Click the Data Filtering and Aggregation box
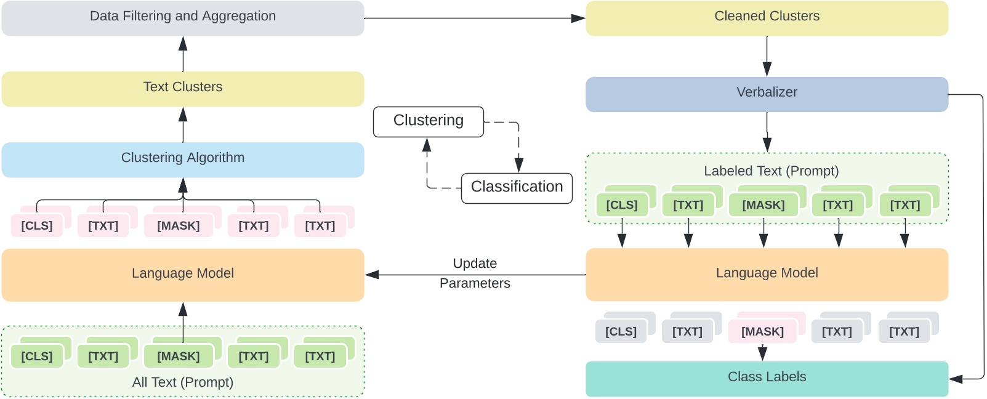click(183, 17)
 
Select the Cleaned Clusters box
click(767, 17)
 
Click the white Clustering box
click(428, 121)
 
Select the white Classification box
click(517, 187)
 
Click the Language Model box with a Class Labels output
click(767, 274)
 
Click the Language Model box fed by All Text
click(183, 274)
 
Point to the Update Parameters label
click(475, 273)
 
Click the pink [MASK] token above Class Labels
click(762, 332)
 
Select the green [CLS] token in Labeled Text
click(622, 205)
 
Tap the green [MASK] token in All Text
click(179, 357)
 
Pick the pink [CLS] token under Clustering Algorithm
click(37, 226)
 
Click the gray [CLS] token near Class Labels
click(621, 332)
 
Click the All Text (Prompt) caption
click(183, 382)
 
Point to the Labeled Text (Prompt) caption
click(771, 171)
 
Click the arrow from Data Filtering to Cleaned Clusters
click(474, 18)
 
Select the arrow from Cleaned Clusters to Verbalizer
click(767, 56)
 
